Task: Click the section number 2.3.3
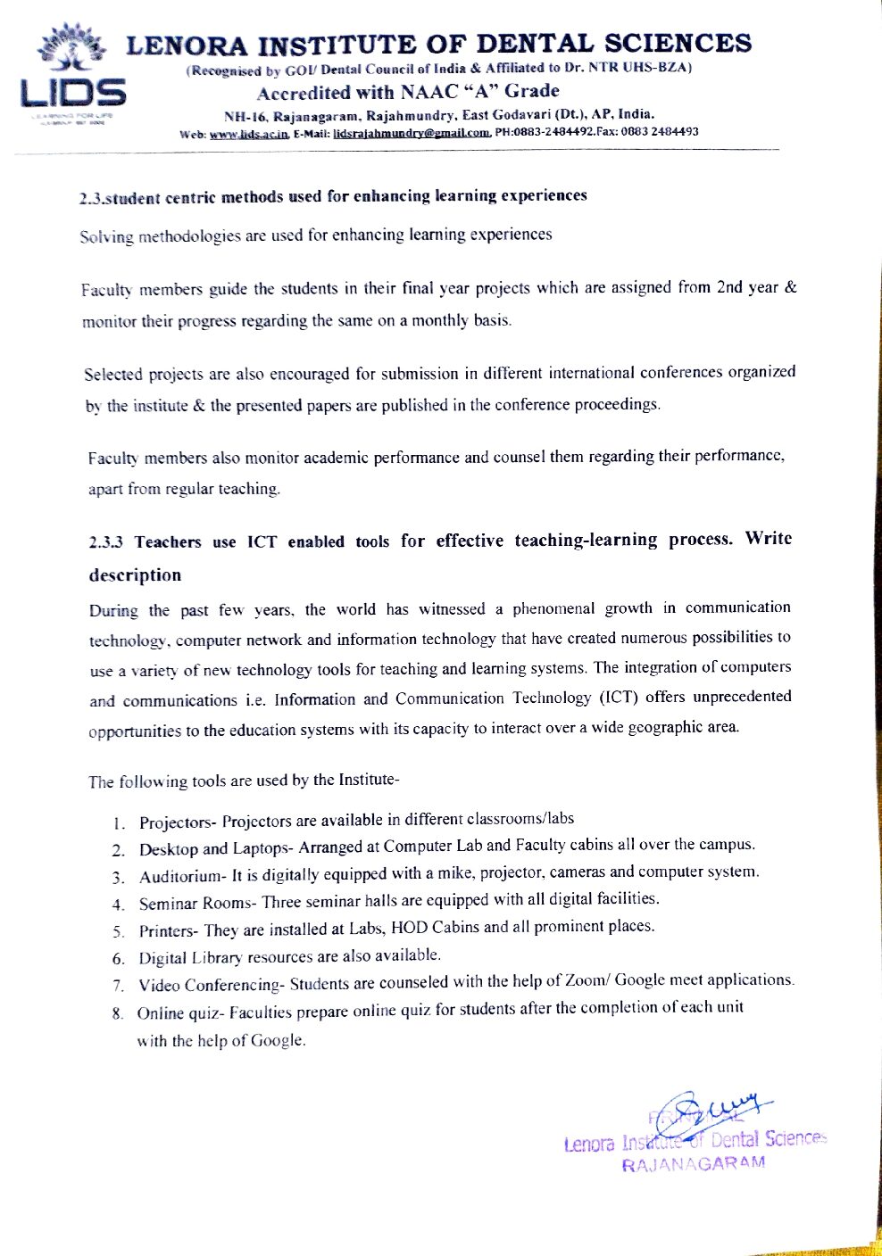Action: (x=106, y=542)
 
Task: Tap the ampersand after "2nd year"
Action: (x=790, y=287)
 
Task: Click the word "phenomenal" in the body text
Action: (x=553, y=608)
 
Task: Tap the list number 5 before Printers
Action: (x=118, y=932)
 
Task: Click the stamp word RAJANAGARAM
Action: (x=694, y=1164)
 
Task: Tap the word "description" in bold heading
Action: (x=135, y=575)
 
